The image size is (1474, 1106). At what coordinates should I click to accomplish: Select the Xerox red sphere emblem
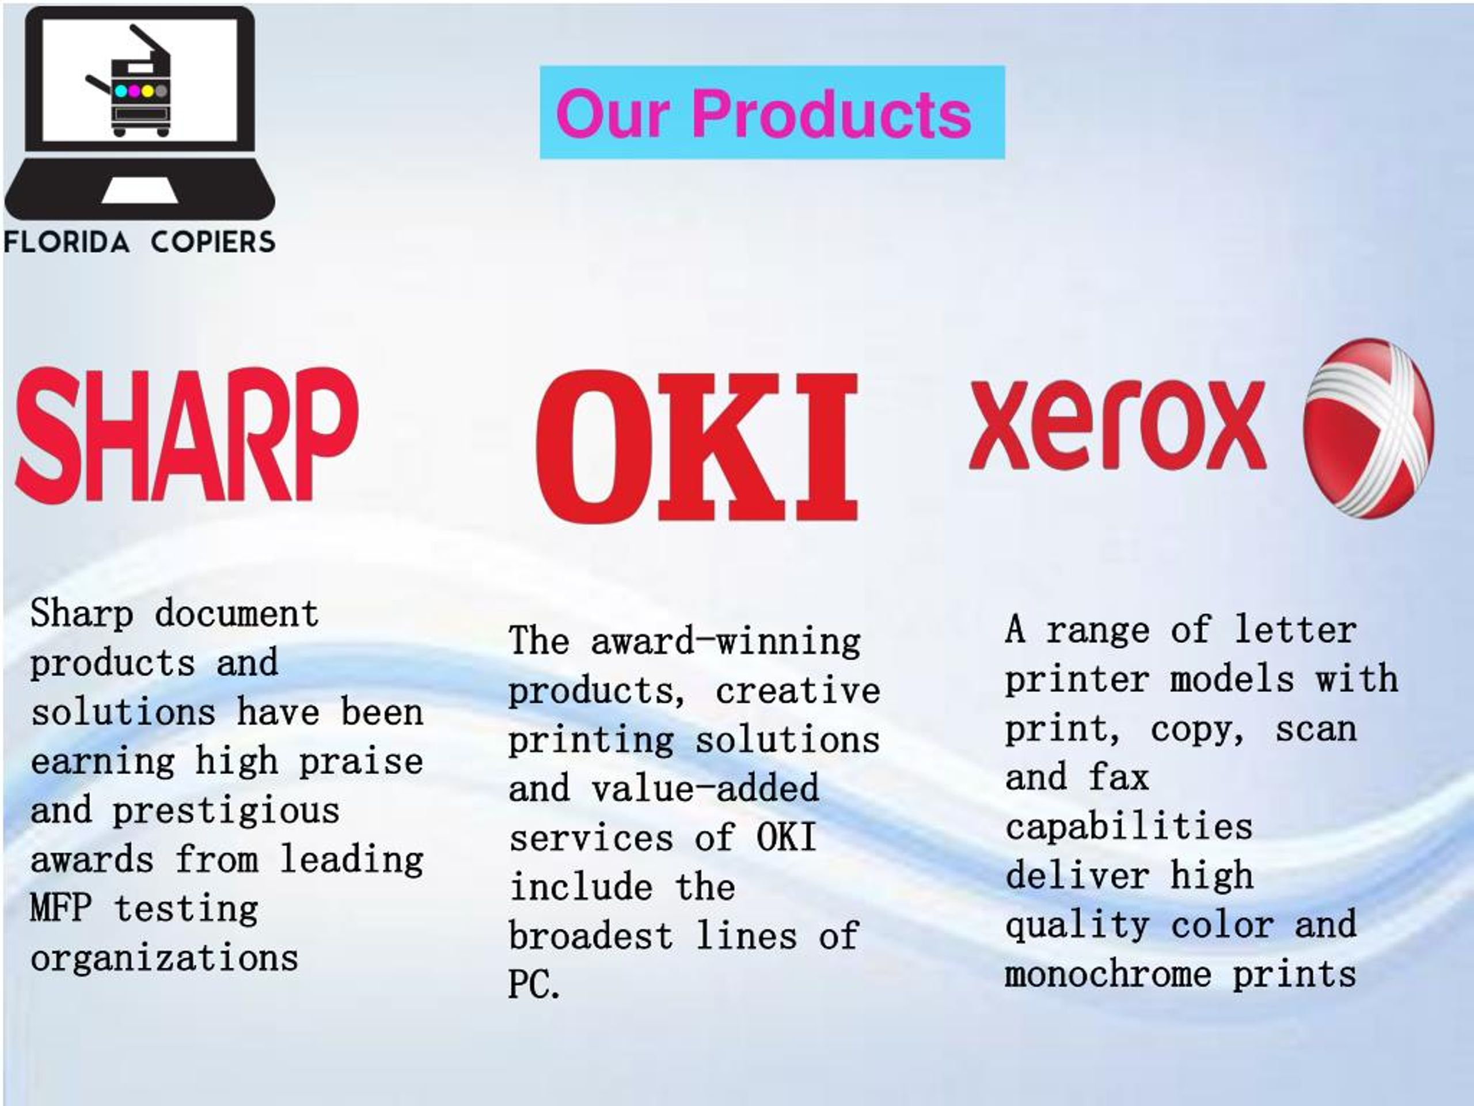click(x=1368, y=428)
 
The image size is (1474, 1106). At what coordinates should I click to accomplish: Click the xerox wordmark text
click(x=1118, y=425)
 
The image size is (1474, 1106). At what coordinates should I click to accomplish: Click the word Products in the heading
click(x=831, y=114)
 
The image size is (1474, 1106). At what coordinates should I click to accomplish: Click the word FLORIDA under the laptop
click(x=67, y=242)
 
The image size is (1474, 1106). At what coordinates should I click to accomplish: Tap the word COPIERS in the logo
click(x=212, y=242)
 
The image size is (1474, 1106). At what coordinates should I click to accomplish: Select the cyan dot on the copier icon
click(x=120, y=90)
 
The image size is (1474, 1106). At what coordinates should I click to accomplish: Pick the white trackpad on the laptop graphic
click(x=140, y=190)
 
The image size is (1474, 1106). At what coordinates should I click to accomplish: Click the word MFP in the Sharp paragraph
click(x=60, y=908)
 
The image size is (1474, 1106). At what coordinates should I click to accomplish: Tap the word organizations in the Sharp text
click(x=164, y=958)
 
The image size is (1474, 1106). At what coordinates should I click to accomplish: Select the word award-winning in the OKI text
click(x=725, y=641)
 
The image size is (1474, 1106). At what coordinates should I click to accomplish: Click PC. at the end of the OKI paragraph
click(x=534, y=984)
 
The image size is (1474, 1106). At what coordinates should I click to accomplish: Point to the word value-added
click(x=705, y=789)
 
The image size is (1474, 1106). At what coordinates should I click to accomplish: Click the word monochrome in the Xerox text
click(x=1107, y=974)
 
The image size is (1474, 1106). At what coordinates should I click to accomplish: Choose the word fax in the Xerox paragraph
click(x=1119, y=777)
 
